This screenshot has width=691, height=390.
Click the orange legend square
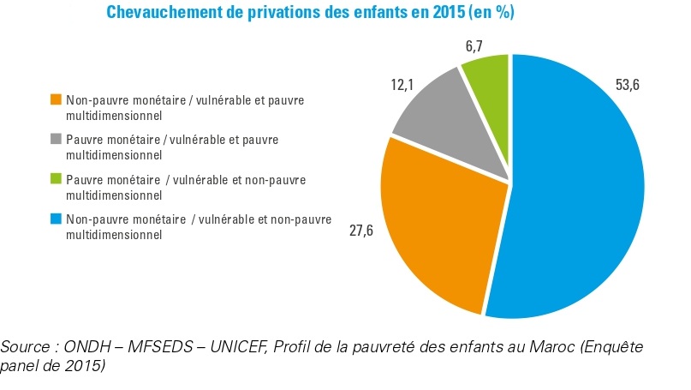click(57, 100)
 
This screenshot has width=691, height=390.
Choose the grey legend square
click(57, 139)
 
